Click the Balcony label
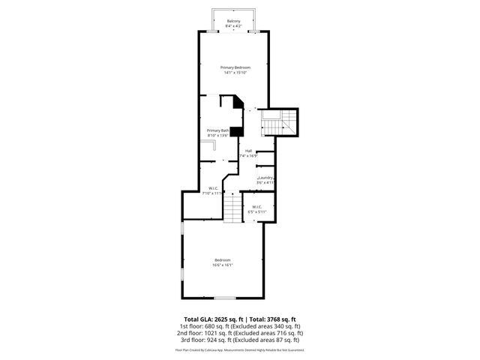(x=234, y=20)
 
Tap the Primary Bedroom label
(x=235, y=67)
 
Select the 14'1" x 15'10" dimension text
(x=235, y=73)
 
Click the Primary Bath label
(x=218, y=130)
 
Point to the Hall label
(x=248, y=151)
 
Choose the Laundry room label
(x=265, y=177)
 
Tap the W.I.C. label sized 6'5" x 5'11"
(x=256, y=206)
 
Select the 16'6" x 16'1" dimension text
(x=223, y=265)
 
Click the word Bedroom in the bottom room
(x=223, y=259)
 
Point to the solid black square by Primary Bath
(x=236, y=131)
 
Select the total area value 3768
(x=273, y=319)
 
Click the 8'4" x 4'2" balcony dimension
(x=234, y=25)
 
